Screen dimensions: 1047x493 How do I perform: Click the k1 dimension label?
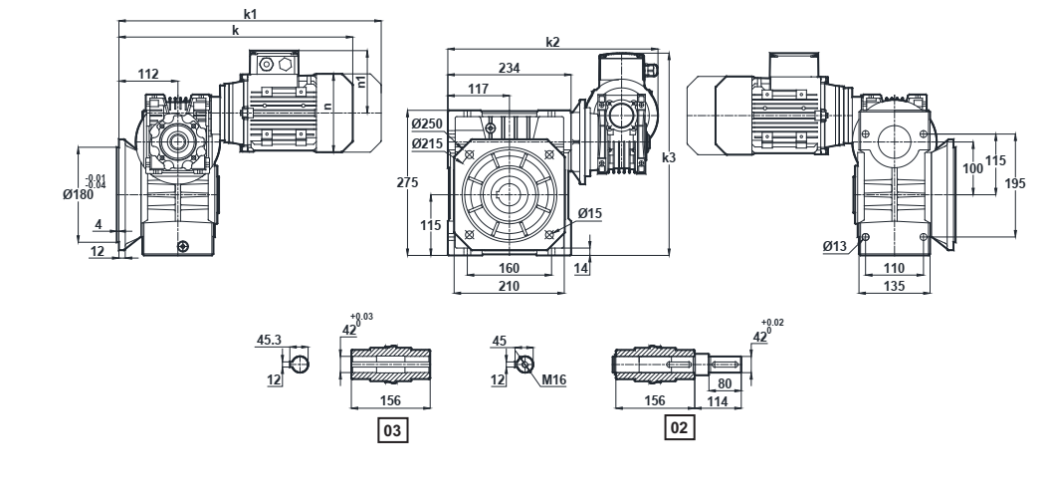click(x=250, y=13)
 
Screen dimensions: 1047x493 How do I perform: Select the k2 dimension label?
click(x=552, y=42)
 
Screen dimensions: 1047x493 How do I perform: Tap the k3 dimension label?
click(x=669, y=157)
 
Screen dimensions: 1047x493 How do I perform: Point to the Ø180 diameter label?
click(x=78, y=194)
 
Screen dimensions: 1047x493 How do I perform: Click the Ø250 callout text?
click(x=428, y=123)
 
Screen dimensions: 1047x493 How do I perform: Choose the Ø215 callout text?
click(x=428, y=143)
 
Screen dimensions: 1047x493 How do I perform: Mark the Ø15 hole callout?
click(x=589, y=213)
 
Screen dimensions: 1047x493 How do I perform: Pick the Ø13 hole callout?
click(x=835, y=247)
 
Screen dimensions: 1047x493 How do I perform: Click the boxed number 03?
click(x=392, y=431)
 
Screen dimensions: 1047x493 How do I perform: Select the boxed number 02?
click(x=679, y=427)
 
